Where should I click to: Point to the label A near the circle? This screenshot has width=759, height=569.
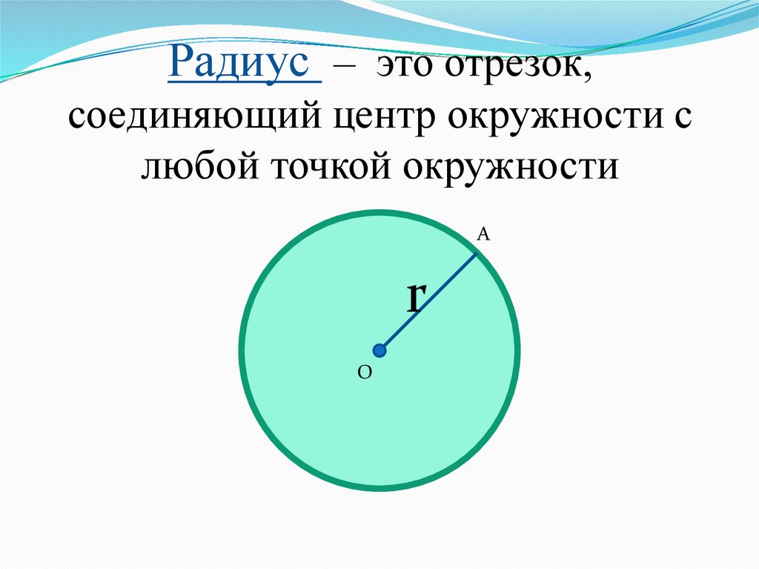[483, 235]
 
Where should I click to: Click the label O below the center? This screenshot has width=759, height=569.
[364, 375]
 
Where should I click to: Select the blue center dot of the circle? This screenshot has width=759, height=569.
[379, 350]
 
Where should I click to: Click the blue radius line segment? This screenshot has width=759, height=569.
[428, 300]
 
